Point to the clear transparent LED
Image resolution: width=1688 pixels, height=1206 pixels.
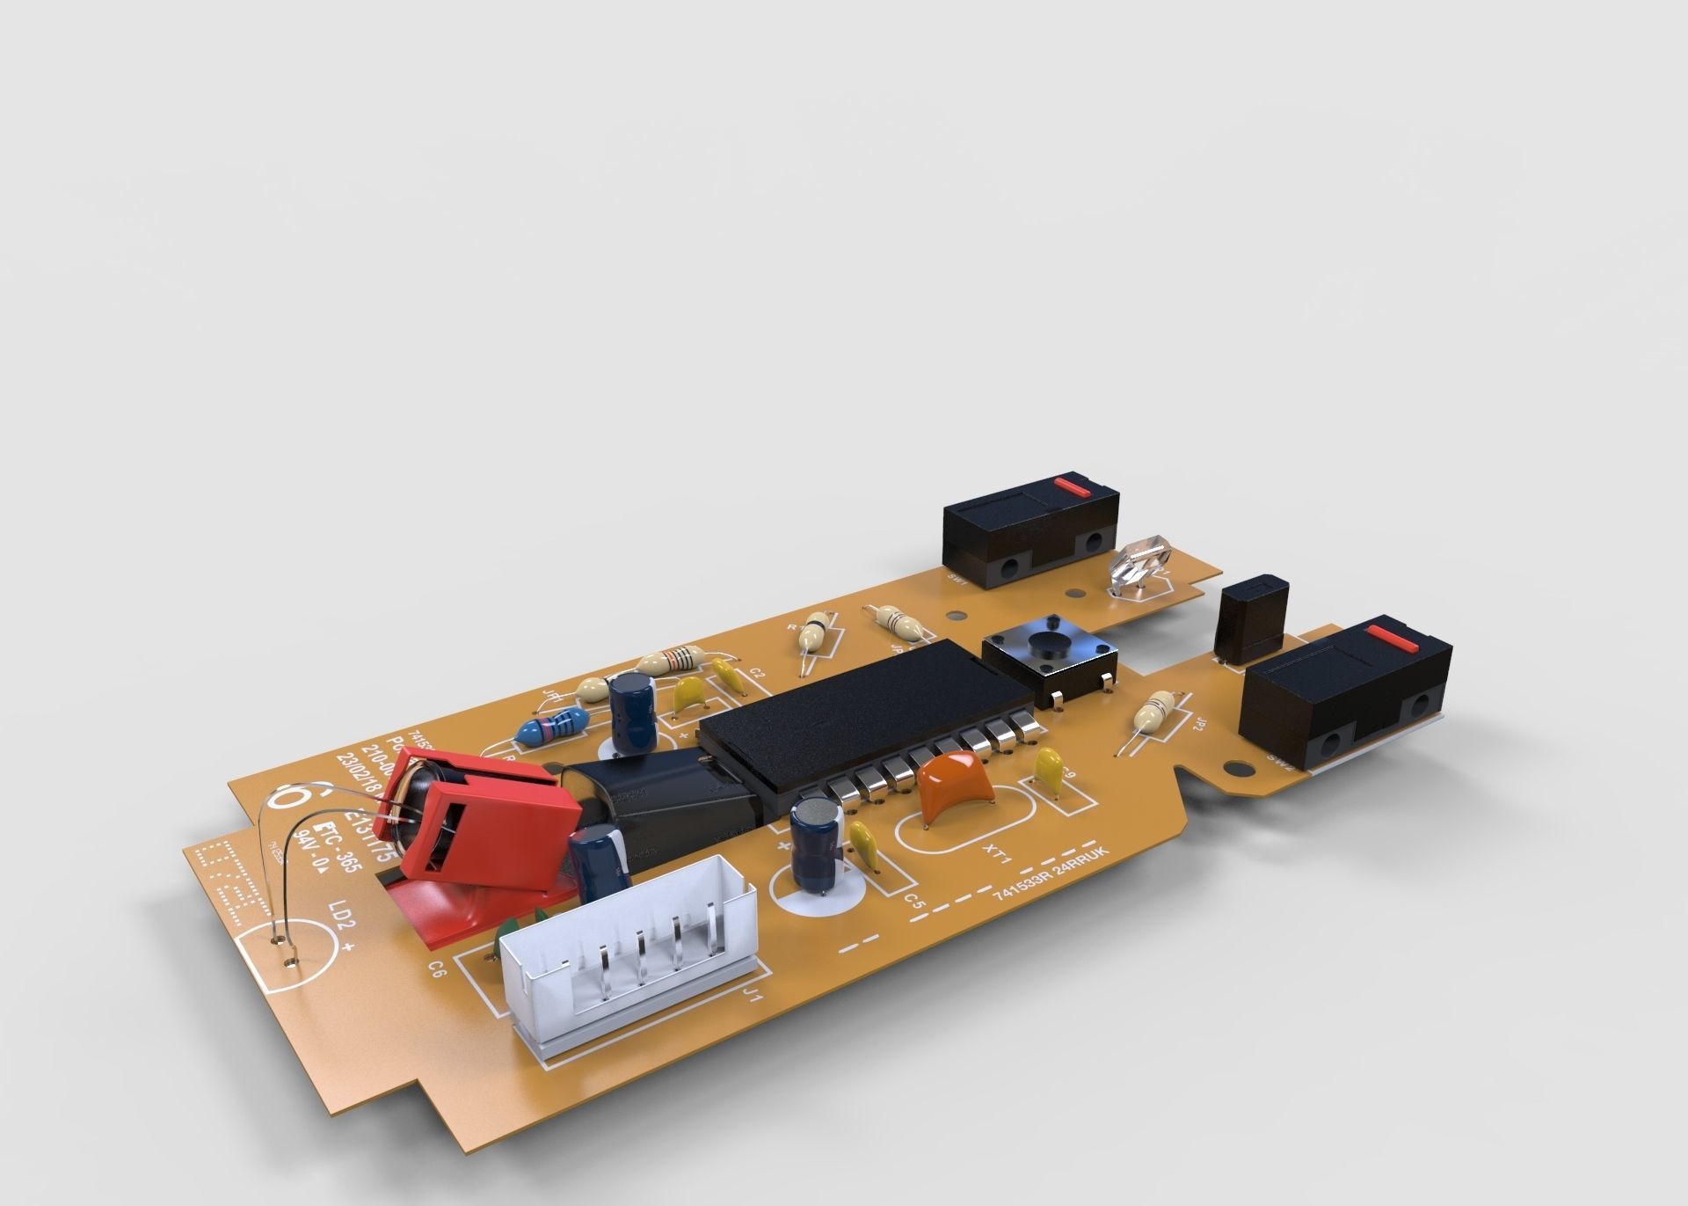(1141, 562)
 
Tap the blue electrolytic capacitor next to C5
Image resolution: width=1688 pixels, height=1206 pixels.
(818, 838)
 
